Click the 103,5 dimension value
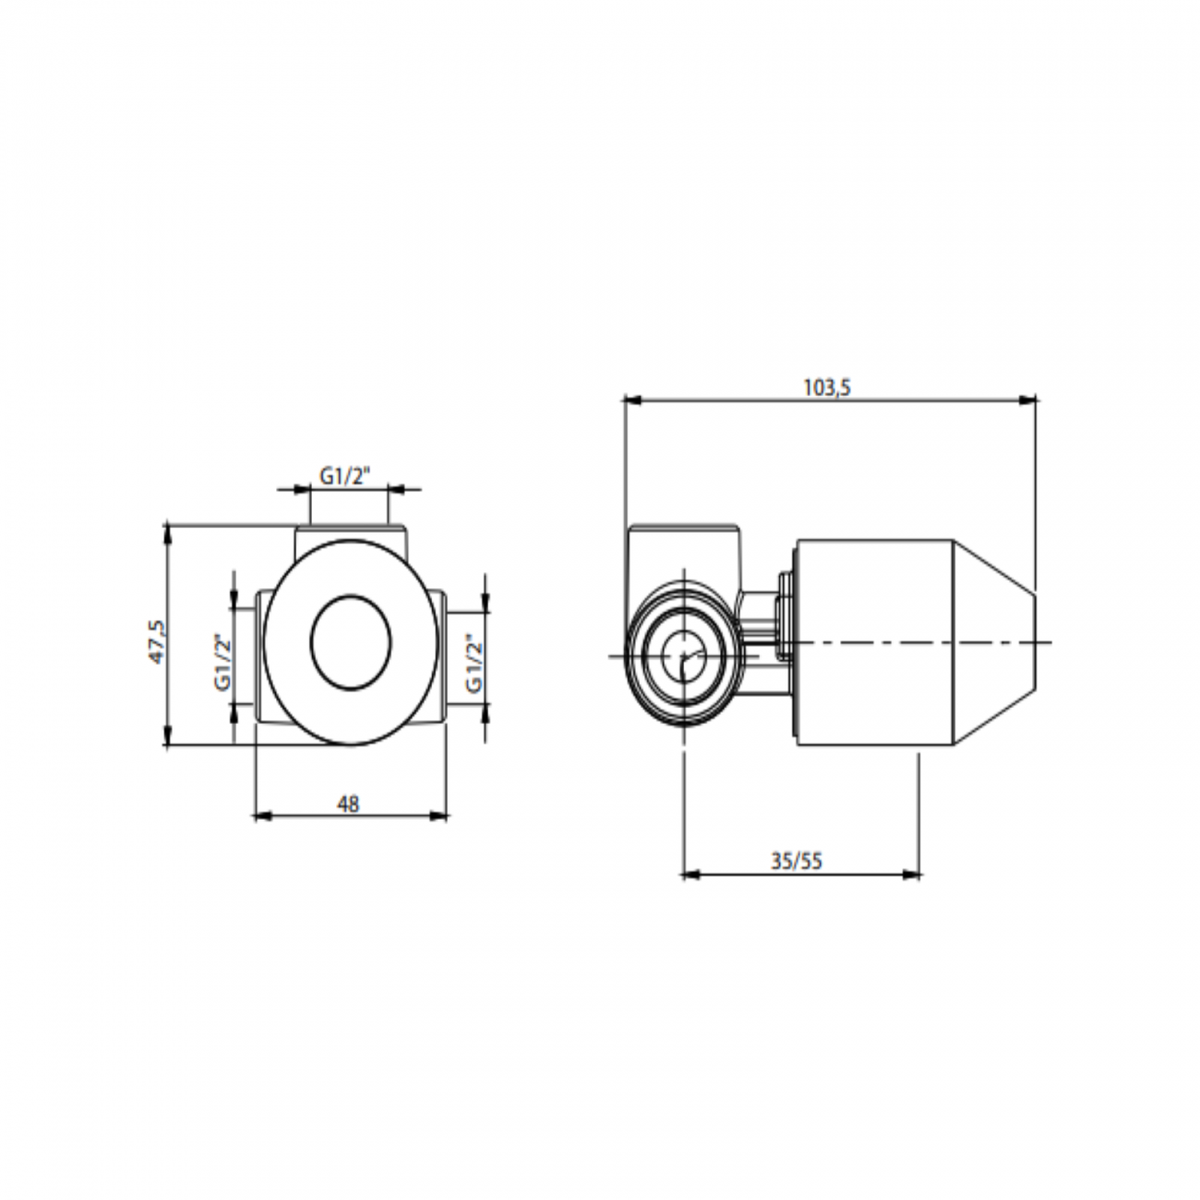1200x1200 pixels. click(x=826, y=388)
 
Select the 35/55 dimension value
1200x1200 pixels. click(x=797, y=861)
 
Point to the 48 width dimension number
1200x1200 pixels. click(x=348, y=804)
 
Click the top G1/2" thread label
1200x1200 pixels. click(x=345, y=476)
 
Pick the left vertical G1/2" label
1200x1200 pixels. click(x=223, y=663)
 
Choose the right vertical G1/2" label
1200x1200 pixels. click(x=474, y=663)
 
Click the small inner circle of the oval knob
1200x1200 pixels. click(x=351, y=642)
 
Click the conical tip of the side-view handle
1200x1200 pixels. click(x=994, y=642)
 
